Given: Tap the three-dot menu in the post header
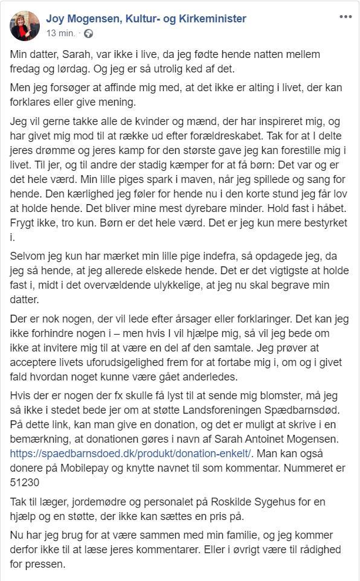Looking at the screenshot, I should pos(345,17).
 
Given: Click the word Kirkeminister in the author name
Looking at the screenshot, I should pos(208,19).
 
